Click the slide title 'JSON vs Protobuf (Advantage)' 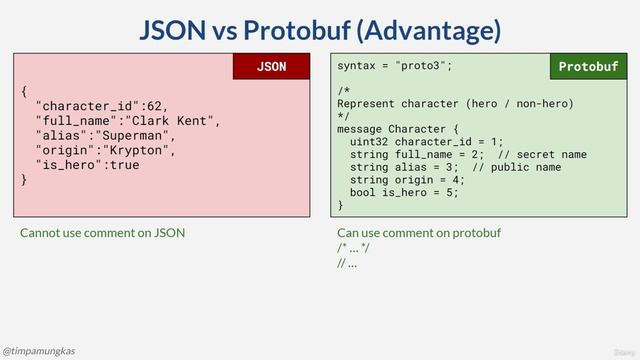click(x=319, y=30)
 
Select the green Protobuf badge click(x=588, y=67)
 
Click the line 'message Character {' click(x=398, y=129)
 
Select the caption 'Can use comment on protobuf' click(x=419, y=234)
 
